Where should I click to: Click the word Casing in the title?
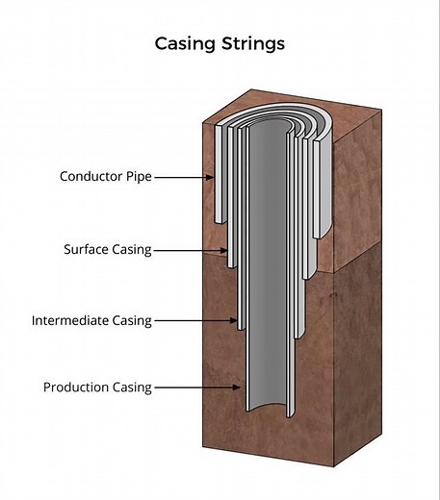[x=186, y=44]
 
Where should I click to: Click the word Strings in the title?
[x=252, y=44]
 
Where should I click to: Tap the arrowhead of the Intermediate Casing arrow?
[x=236, y=321]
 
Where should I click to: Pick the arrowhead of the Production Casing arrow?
[x=242, y=387]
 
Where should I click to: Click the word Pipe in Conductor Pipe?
[x=139, y=177]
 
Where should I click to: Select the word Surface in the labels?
[x=86, y=250]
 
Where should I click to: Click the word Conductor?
[x=91, y=177]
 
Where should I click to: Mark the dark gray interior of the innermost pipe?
[x=270, y=288]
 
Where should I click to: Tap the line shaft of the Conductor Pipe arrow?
[x=181, y=177]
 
